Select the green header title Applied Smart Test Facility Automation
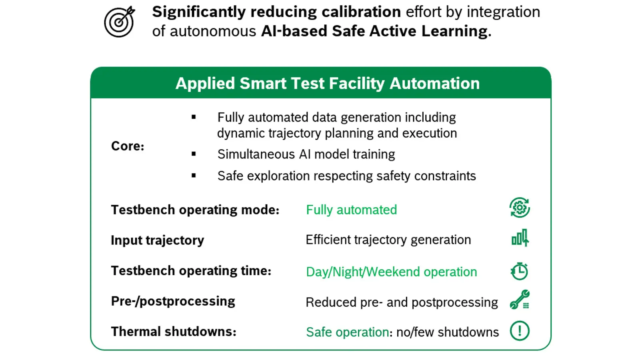click(328, 84)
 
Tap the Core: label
click(128, 146)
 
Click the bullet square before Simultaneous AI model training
click(194, 154)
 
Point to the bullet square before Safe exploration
click(194, 176)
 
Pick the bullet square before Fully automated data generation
click(194, 117)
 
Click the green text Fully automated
click(352, 210)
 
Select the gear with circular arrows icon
click(520, 208)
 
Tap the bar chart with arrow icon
click(520, 238)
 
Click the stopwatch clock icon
click(519, 271)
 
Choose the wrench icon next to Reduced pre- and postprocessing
click(520, 300)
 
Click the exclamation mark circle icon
click(520, 331)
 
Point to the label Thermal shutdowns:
click(174, 332)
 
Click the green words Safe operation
click(348, 332)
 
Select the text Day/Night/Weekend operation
click(392, 272)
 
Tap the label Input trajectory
click(158, 240)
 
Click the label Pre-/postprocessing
click(173, 302)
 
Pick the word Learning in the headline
click(454, 31)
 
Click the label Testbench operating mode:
click(195, 210)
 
